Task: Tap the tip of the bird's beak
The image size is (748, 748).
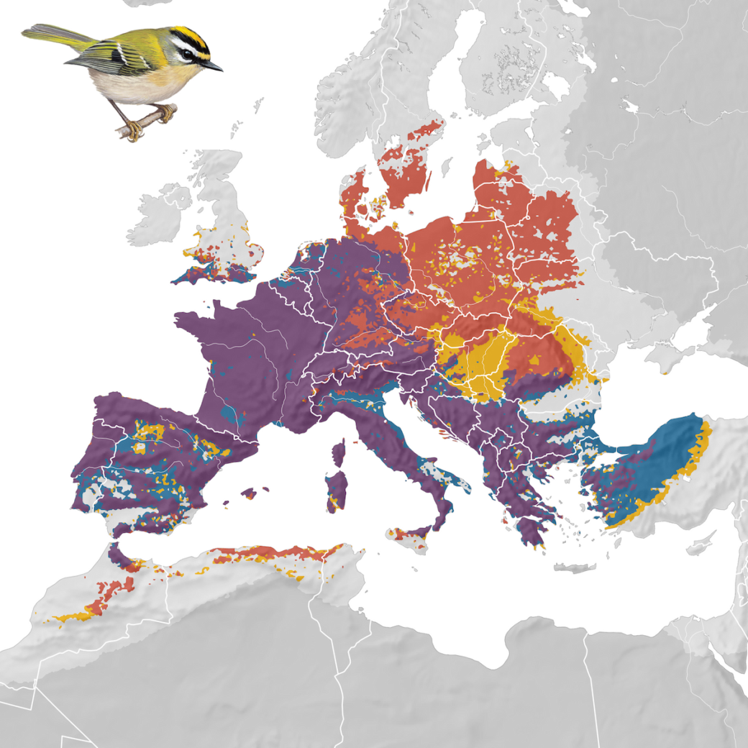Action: tap(222, 70)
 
